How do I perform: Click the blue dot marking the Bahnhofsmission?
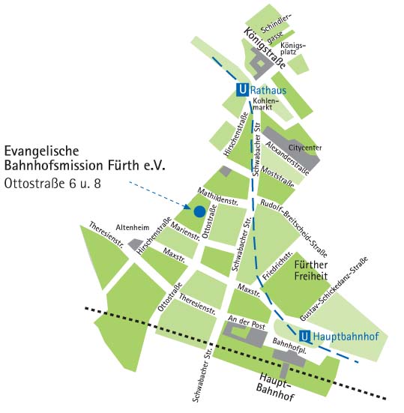(x=199, y=211)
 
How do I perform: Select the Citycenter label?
(x=307, y=148)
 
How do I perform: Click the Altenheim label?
(x=133, y=227)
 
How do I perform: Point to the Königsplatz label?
(x=293, y=48)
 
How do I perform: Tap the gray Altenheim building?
(x=136, y=244)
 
